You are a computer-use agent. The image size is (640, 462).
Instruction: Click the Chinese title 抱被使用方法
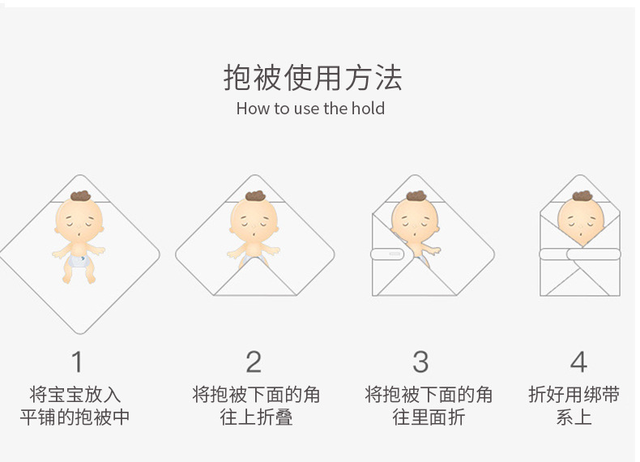(312, 78)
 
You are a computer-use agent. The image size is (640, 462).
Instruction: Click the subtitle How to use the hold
(310, 109)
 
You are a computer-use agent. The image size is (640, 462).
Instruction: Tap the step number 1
(77, 361)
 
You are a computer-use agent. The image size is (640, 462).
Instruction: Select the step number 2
(254, 361)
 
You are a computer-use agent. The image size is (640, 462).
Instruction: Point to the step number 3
(420, 361)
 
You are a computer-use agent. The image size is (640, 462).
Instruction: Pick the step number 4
(578, 361)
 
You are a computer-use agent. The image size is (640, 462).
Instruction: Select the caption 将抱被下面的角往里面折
(429, 406)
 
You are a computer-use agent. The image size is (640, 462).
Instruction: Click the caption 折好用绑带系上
(574, 406)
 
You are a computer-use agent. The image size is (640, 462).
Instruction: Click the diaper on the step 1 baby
(79, 259)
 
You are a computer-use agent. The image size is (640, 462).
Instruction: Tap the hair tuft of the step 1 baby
(79, 195)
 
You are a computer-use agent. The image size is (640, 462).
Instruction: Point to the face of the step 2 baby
(254, 220)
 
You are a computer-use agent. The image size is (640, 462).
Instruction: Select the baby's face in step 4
(580, 220)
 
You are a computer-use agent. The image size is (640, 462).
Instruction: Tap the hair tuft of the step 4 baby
(582, 195)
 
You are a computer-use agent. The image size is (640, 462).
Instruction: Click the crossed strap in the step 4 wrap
(579, 257)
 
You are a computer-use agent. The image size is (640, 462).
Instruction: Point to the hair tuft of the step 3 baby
(416, 195)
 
